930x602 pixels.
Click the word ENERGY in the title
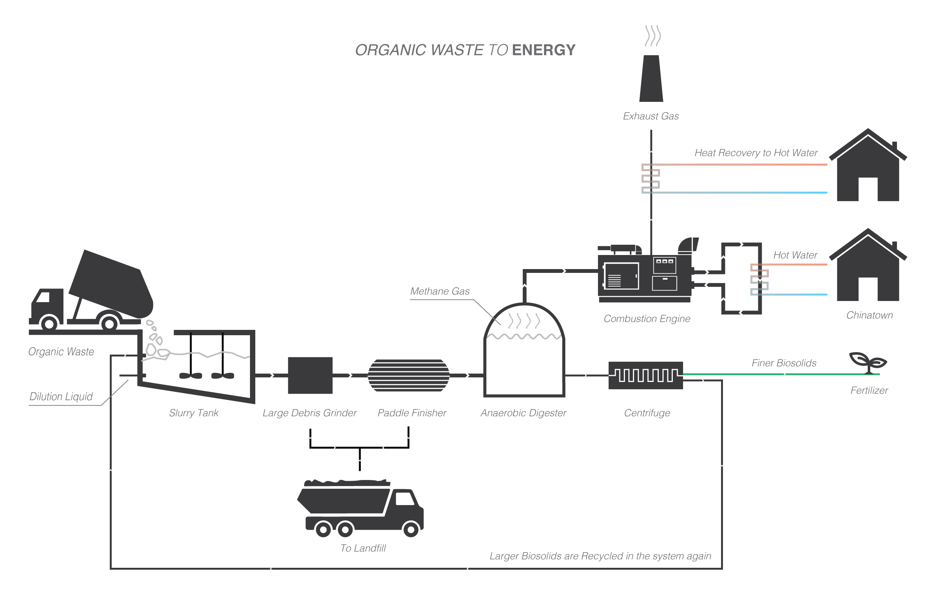point(544,50)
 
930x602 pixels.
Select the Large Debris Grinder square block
point(310,375)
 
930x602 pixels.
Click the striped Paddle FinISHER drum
point(409,375)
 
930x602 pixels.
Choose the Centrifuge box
point(645,375)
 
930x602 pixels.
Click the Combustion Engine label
point(647,318)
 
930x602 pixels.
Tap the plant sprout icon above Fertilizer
point(868,362)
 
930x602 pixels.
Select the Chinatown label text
point(870,315)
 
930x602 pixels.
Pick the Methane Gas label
point(440,291)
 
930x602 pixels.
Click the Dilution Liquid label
point(61,396)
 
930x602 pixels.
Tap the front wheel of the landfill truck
point(411,530)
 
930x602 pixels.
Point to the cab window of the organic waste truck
point(43,297)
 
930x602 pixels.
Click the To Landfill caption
point(363,548)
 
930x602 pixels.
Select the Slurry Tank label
point(193,413)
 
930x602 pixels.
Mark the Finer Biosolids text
point(784,363)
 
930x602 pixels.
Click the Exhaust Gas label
point(651,116)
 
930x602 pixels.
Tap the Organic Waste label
point(61,352)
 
